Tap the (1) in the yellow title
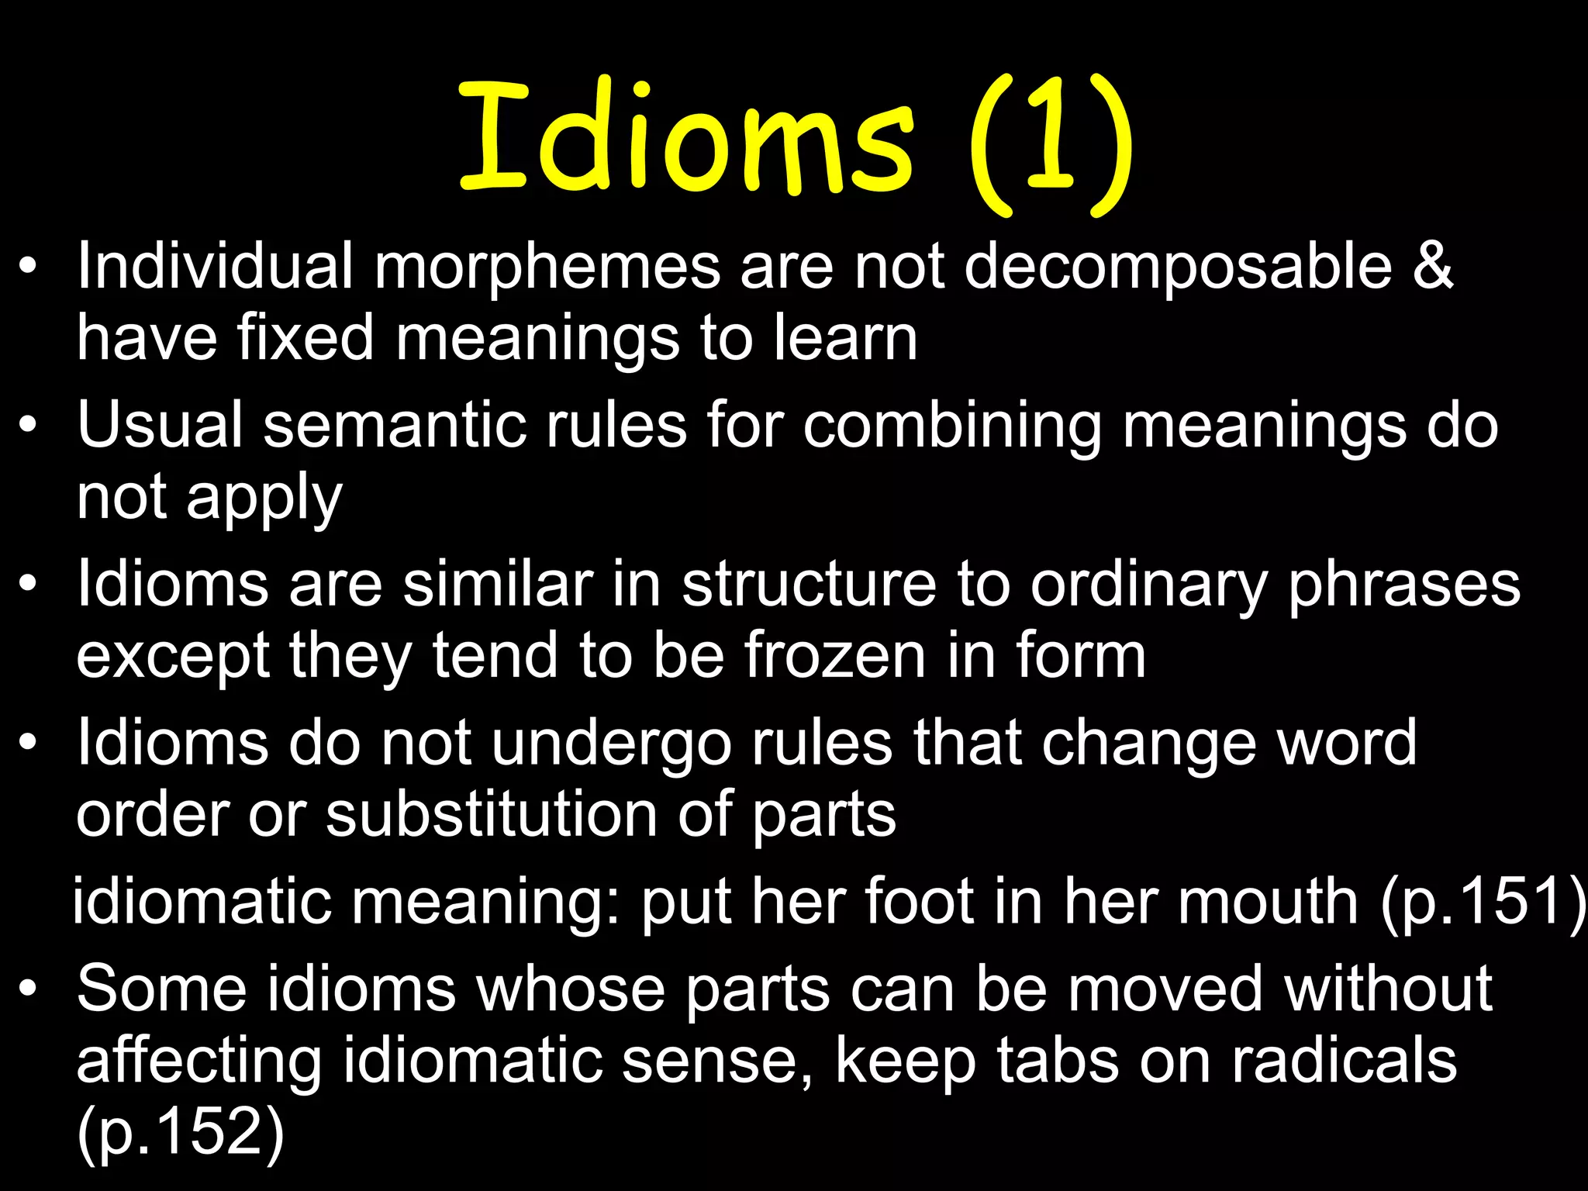coord(1051,143)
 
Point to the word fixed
coord(306,338)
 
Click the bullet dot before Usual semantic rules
coord(29,426)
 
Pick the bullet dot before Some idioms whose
coord(29,989)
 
